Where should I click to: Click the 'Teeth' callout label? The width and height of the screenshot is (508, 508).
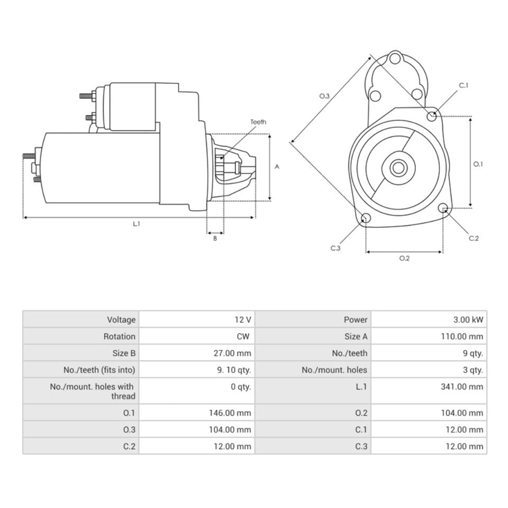click(x=258, y=122)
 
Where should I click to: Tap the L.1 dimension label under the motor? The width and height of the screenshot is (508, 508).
click(x=137, y=224)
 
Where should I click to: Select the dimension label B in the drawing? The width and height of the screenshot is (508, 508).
click(x=215, y=239)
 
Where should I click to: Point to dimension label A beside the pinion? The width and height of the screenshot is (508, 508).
click(x=277, y=166)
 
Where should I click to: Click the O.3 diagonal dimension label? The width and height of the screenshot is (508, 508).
click(x=324, y=96)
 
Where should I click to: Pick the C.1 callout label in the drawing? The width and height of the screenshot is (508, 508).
click(x=464, y=85)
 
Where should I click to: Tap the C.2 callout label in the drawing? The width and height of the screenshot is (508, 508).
click(x=474, y=238)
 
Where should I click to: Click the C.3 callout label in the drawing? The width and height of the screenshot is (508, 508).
click(x=335, y=248)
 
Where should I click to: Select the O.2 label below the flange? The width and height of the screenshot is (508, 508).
click(x=404, y=258)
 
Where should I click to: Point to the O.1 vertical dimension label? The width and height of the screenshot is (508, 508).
click(x=478, y=164)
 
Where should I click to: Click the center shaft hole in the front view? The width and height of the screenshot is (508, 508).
click(x=398, y=168)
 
